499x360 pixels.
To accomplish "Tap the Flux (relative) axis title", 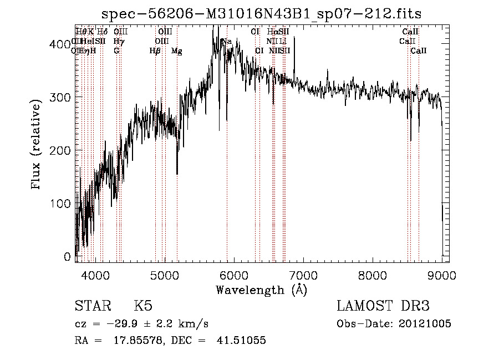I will (37, 145).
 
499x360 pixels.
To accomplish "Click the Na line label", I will (227, 41).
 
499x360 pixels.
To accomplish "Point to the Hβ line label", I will (155, 50).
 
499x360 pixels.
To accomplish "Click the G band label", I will (116, 50).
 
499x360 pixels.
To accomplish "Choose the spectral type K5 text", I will (143, 306).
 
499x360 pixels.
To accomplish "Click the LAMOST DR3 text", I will (383, 306).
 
